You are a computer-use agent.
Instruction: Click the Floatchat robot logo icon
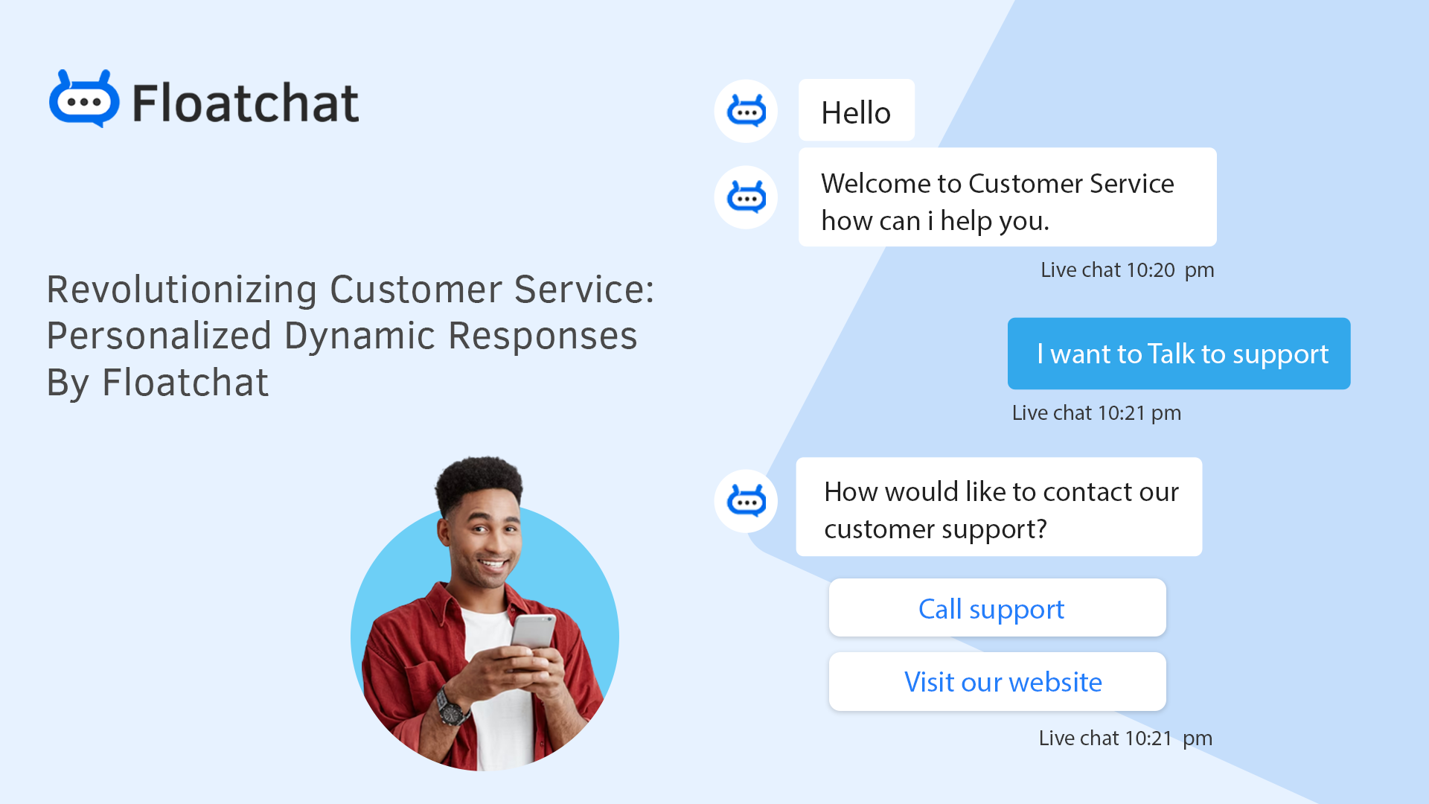(83, 100)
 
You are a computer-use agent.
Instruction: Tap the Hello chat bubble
(856, 111)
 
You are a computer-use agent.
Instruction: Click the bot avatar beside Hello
(746, 112)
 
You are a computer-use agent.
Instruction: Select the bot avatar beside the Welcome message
(746, 197)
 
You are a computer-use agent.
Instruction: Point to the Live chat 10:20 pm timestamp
(1127, 270)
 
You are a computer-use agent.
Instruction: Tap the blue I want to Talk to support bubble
(1178, 354)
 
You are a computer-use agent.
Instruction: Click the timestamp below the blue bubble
(1096, 413)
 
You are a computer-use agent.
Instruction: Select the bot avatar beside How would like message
(746, 501)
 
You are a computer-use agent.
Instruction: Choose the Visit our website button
(997, 682)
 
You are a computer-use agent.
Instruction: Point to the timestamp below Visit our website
(1125, 738)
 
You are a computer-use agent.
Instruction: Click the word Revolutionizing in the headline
(182, 290)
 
